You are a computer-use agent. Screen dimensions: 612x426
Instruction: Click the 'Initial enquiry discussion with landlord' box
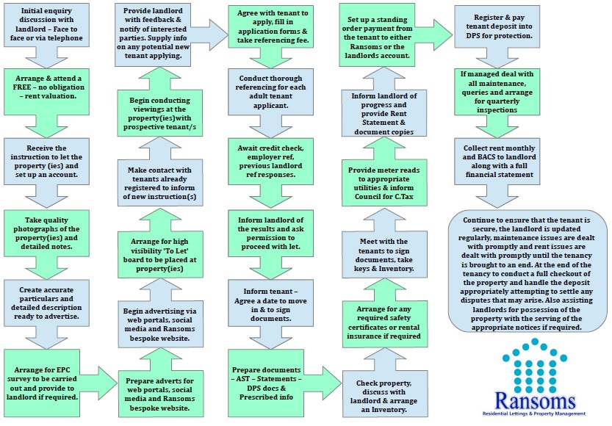46,24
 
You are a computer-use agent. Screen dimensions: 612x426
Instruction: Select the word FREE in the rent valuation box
22,87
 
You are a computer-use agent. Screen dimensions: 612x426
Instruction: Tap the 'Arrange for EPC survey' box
42,383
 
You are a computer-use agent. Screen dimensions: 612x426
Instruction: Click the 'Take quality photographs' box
46,234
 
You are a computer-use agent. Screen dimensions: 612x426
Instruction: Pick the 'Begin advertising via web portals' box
160,324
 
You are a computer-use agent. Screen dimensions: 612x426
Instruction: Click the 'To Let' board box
160,255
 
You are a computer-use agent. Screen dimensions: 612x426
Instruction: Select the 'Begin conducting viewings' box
160,113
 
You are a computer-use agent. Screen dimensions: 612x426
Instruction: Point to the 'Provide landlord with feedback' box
153,33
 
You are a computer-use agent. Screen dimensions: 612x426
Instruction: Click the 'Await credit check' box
270,161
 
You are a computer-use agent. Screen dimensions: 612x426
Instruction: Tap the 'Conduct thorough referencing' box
270,92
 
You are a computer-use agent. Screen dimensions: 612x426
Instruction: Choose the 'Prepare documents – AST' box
266,383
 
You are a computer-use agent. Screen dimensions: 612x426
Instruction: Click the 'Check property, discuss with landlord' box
385,394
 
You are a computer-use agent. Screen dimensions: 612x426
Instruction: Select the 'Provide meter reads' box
384,183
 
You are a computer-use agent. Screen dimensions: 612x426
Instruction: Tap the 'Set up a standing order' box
377,35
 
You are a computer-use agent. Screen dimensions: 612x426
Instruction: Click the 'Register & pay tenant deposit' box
497,26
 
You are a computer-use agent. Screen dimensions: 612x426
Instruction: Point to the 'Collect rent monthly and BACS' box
497,161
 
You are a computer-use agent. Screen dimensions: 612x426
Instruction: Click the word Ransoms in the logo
535,400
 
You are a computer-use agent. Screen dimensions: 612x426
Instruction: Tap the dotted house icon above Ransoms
534,366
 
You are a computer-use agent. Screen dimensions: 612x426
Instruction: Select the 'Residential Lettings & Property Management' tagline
534,414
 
